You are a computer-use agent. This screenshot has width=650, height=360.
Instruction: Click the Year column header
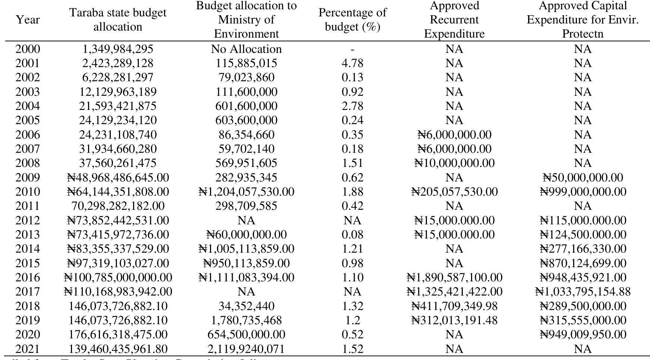(x=28, y=19)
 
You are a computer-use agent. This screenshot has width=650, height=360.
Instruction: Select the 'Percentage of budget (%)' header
(x=352, y=20)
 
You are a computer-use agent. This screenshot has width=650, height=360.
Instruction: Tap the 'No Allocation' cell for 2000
(x=246, y=49)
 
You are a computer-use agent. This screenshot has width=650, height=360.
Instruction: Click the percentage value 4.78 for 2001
(x=352, y=63)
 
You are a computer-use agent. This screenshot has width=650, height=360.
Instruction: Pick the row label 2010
(x=28, y=192)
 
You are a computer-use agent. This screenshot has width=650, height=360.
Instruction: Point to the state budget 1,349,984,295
(x=117, y=49)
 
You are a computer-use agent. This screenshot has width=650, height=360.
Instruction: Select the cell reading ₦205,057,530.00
(x=454, y=192)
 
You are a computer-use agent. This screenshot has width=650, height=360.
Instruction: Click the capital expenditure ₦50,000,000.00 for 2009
(x=583, y=178)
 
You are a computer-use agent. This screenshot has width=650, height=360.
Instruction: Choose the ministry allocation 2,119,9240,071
(x=246, y=349)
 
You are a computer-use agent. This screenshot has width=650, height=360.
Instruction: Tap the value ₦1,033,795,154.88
(x=583, y=292)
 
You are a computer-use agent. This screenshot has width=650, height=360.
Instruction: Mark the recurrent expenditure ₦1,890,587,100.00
(x=454, y=278)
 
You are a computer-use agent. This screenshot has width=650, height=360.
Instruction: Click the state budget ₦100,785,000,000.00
(x=117, y=278)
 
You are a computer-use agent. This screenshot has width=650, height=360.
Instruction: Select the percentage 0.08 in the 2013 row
(x=352, y=235)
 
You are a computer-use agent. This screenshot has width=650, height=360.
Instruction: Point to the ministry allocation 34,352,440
(x=246, y=306)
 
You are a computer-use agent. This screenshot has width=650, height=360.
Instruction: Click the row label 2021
(x=28, y=349)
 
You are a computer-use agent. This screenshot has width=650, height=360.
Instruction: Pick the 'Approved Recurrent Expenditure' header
(x=454, y=20)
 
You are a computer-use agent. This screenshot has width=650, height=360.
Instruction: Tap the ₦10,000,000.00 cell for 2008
(x=454, y=163)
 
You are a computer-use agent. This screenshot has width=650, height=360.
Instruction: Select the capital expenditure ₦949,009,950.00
(x=583, y=335)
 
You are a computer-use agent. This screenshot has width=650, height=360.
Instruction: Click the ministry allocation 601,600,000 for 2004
(x=246, y=106)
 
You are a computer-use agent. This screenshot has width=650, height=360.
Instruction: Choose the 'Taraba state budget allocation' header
(x=117, y=20)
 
